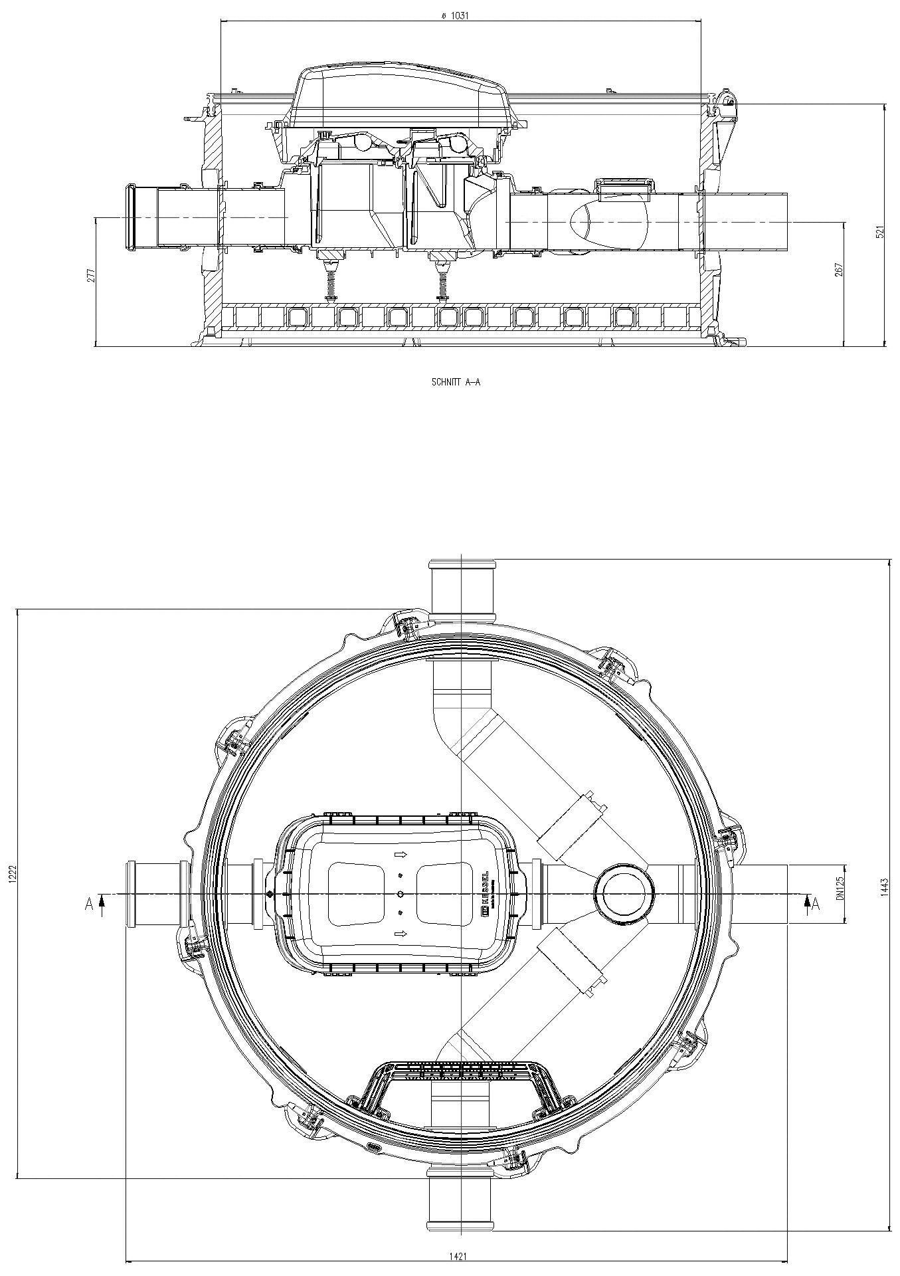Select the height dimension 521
[881, 232]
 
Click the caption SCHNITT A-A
[455, 383]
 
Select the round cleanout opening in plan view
[624, 895]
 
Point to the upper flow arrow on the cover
[401, 854]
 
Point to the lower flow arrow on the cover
[401, 934]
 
